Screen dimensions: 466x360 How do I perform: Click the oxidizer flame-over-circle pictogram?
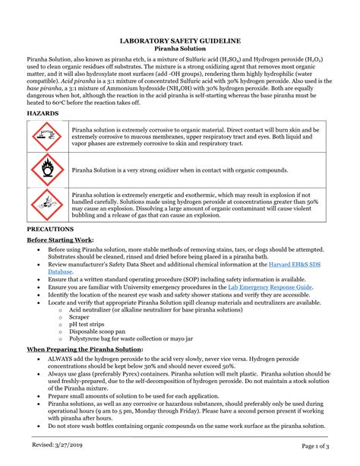click(46, 169)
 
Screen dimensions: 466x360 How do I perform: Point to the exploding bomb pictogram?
click(46, 202)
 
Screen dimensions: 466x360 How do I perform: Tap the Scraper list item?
click(81, 317)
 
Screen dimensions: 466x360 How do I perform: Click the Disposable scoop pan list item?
click(96, 332)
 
